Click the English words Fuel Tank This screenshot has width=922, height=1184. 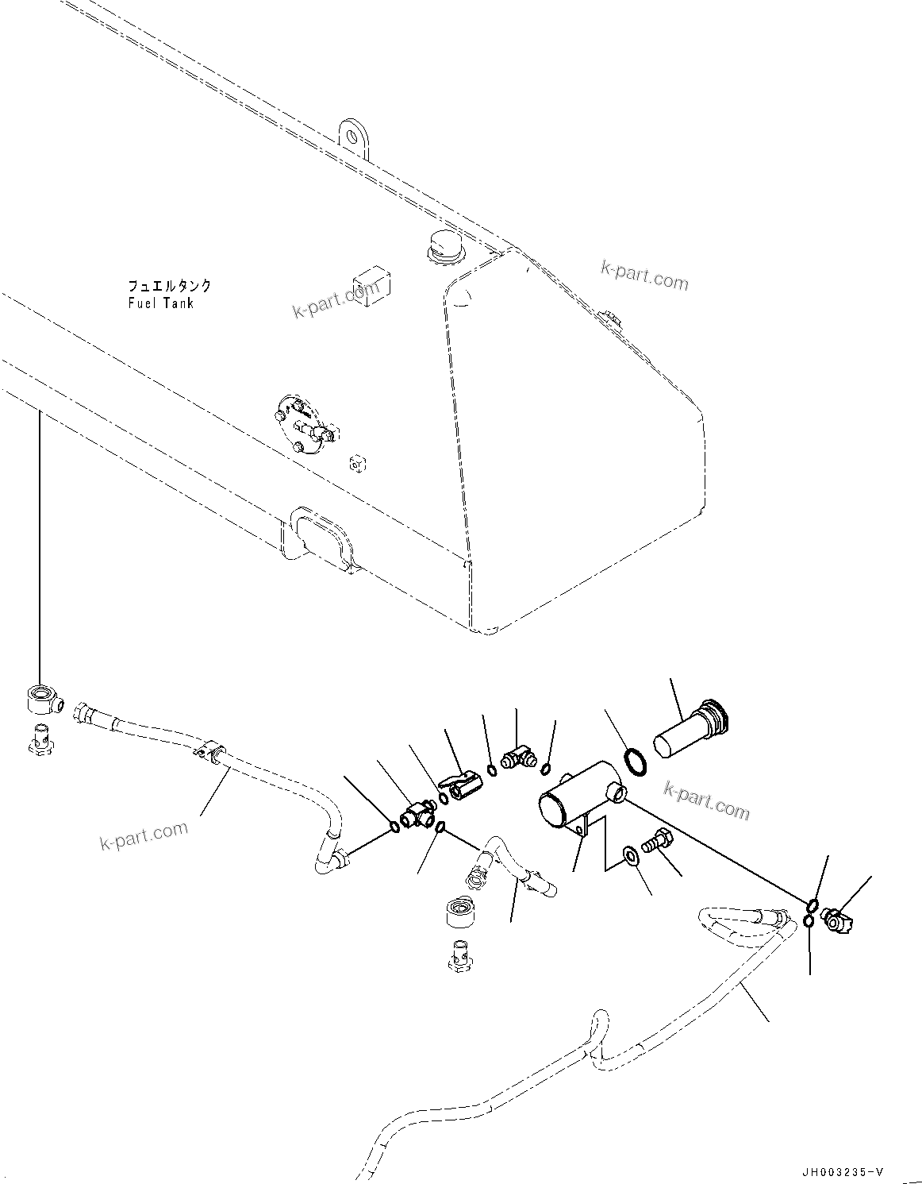(159, 303)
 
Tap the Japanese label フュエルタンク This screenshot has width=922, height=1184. (170, 286)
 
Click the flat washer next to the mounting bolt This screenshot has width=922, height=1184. (632, 855)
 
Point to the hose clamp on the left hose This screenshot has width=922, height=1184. (209, 749)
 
